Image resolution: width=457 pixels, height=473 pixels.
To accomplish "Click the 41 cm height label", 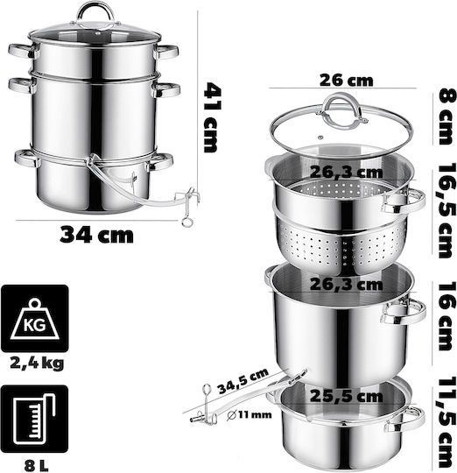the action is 213,117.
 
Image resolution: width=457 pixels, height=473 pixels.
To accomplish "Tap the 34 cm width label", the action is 96,235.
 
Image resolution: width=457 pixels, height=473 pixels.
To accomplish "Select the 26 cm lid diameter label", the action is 346,81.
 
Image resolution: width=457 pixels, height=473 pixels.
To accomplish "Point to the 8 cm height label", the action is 446,116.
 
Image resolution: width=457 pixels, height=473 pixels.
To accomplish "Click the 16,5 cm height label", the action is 446,210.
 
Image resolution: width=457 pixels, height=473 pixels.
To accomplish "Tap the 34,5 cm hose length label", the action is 243,381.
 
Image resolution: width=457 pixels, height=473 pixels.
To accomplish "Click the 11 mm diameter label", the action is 249,415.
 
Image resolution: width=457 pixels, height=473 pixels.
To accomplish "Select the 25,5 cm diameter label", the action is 347,396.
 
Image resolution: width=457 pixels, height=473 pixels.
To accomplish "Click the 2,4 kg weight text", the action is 37,364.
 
